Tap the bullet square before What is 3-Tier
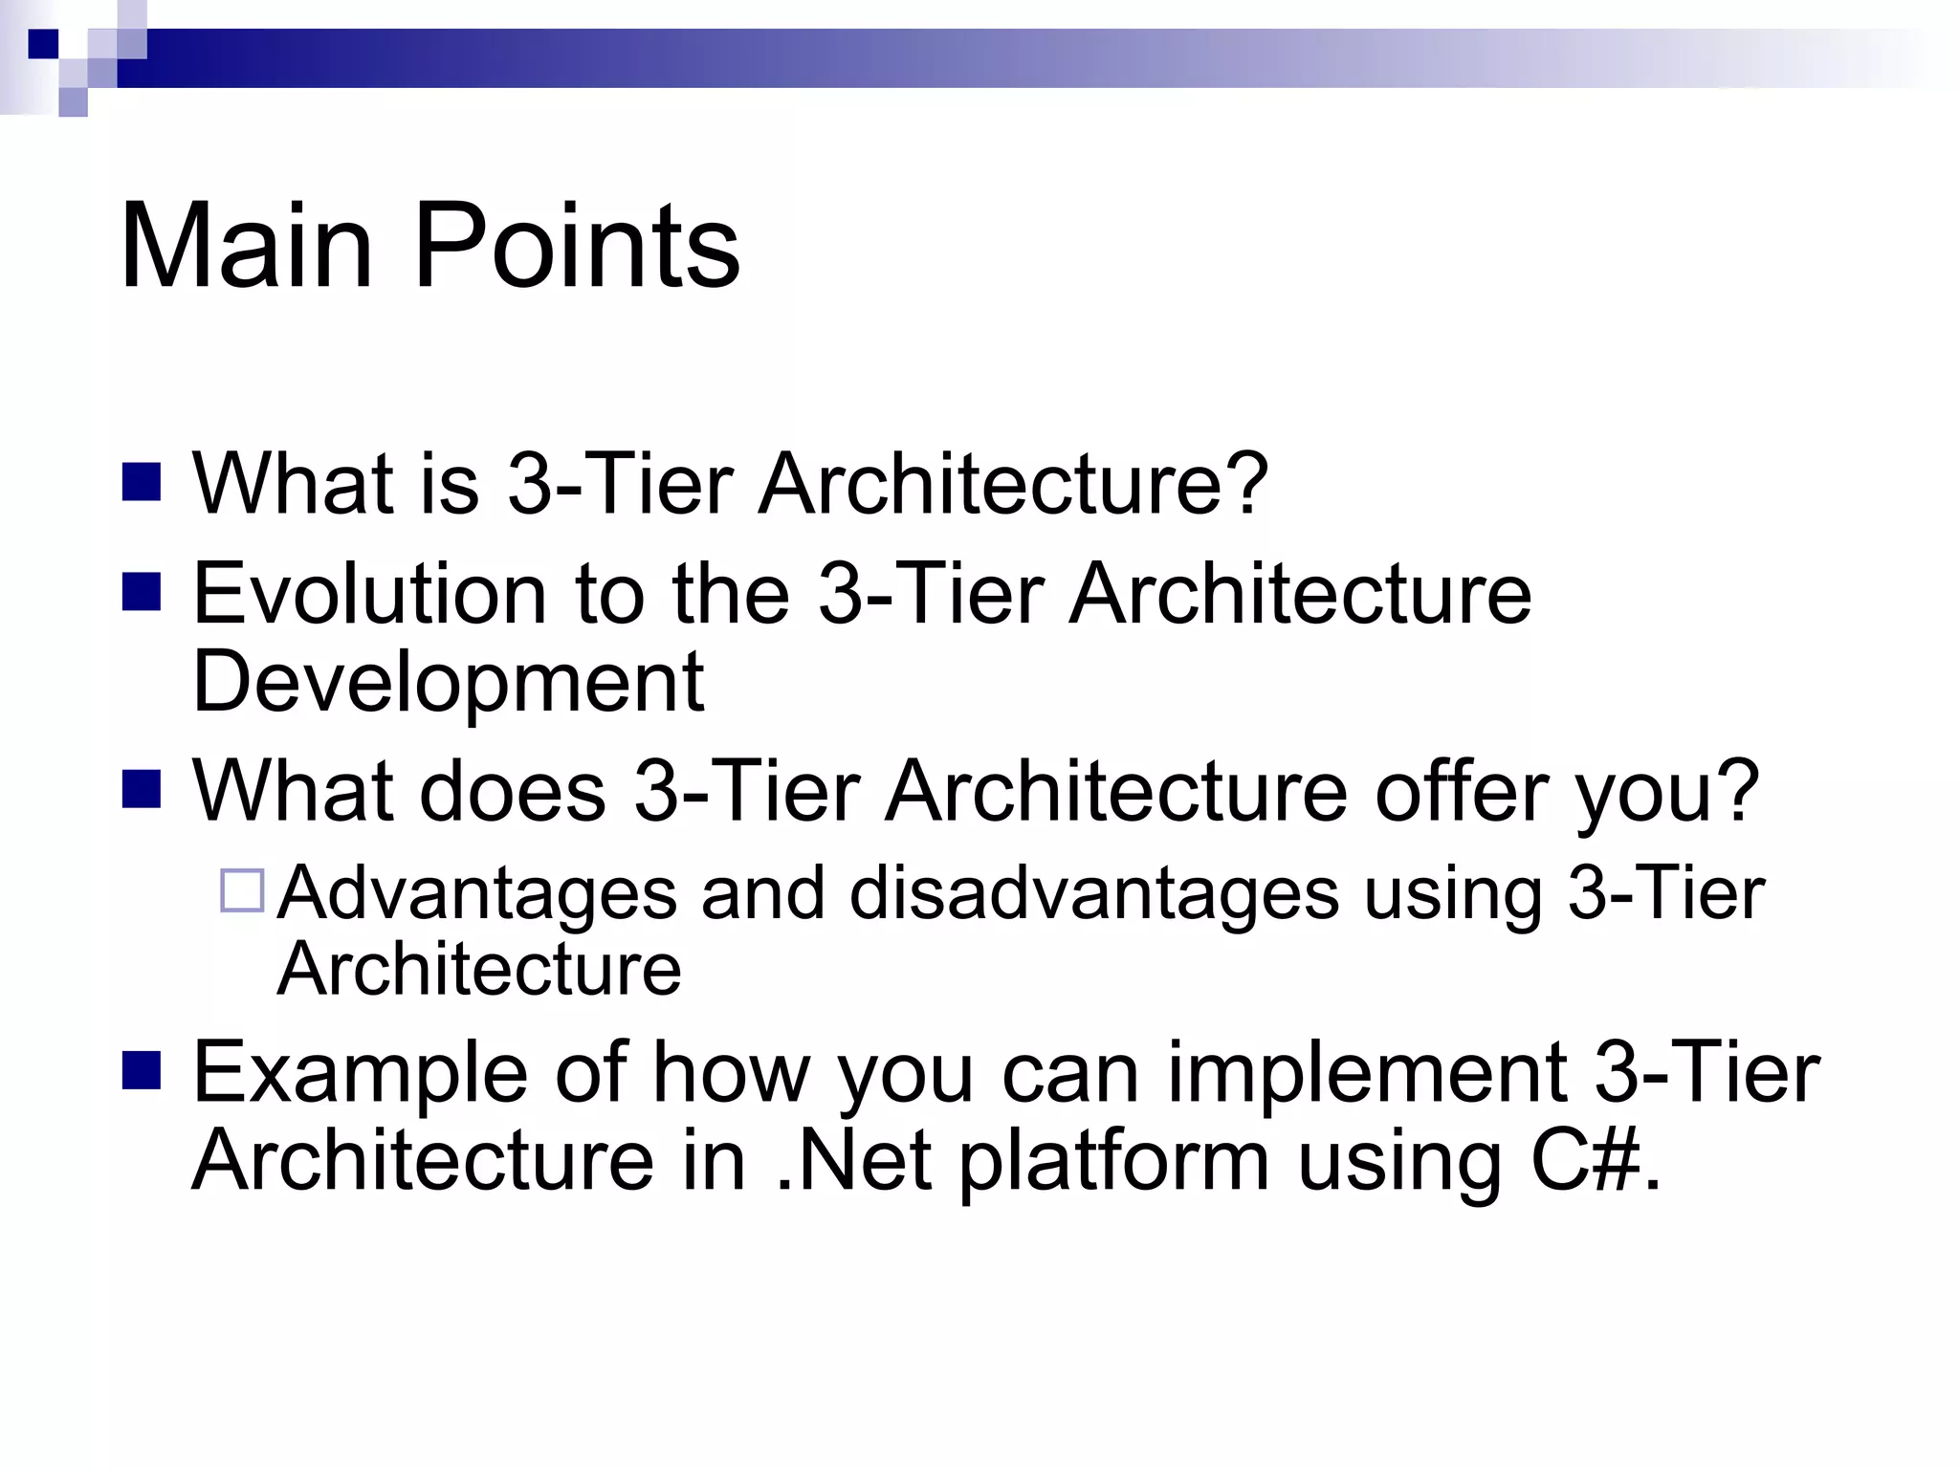click(x=142, y=482)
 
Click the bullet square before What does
click(x=142, y=789)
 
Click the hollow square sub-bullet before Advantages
click(x=242, y=890)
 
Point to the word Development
click(x=448, y=681)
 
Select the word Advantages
click(x=477, y=893)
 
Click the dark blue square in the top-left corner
click(x=43, y=44)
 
